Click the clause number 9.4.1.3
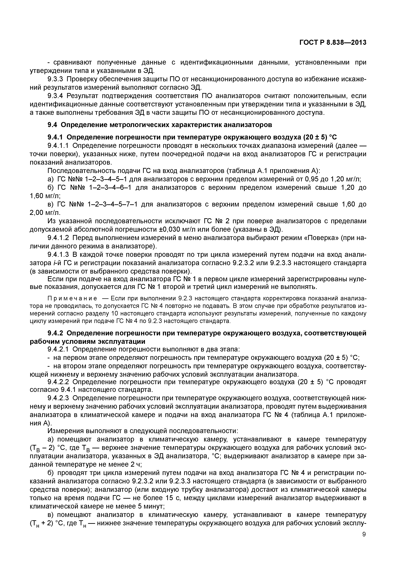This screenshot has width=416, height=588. (58, 255)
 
